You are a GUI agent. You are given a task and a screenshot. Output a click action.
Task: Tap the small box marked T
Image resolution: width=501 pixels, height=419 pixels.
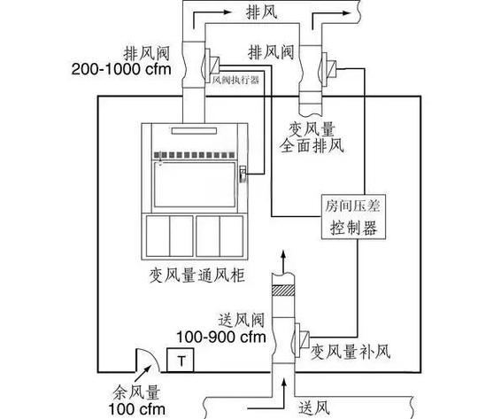181,361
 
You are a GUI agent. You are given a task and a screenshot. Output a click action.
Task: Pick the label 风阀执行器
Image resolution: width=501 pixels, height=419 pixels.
237,79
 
